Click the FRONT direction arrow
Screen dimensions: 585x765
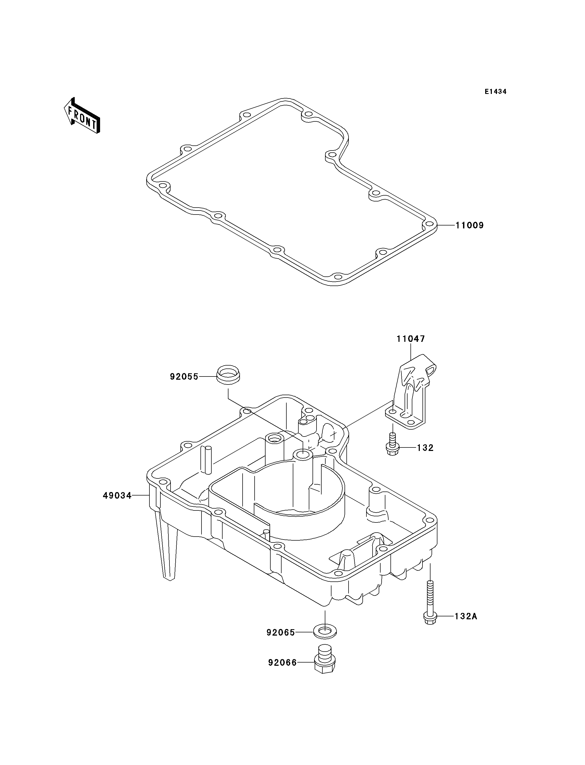pos(82,116)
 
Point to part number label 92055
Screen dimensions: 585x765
pos(184,376)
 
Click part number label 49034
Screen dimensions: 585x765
pos(117,496)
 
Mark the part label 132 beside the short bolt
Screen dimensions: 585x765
pos(425,448)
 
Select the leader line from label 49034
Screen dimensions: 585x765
pos(141,495)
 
